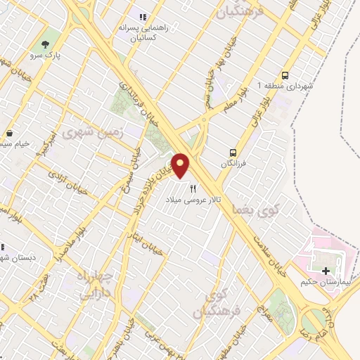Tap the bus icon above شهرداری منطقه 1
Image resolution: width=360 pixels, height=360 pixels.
(285, 75)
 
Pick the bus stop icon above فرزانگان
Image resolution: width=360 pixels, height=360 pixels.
(233, 152)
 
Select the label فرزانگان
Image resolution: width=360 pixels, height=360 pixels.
(234, 163)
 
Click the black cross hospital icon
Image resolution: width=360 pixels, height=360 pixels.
(325, 271)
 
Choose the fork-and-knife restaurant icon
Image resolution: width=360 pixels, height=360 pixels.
(193, 188)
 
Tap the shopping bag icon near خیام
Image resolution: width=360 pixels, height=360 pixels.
(10, 134)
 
